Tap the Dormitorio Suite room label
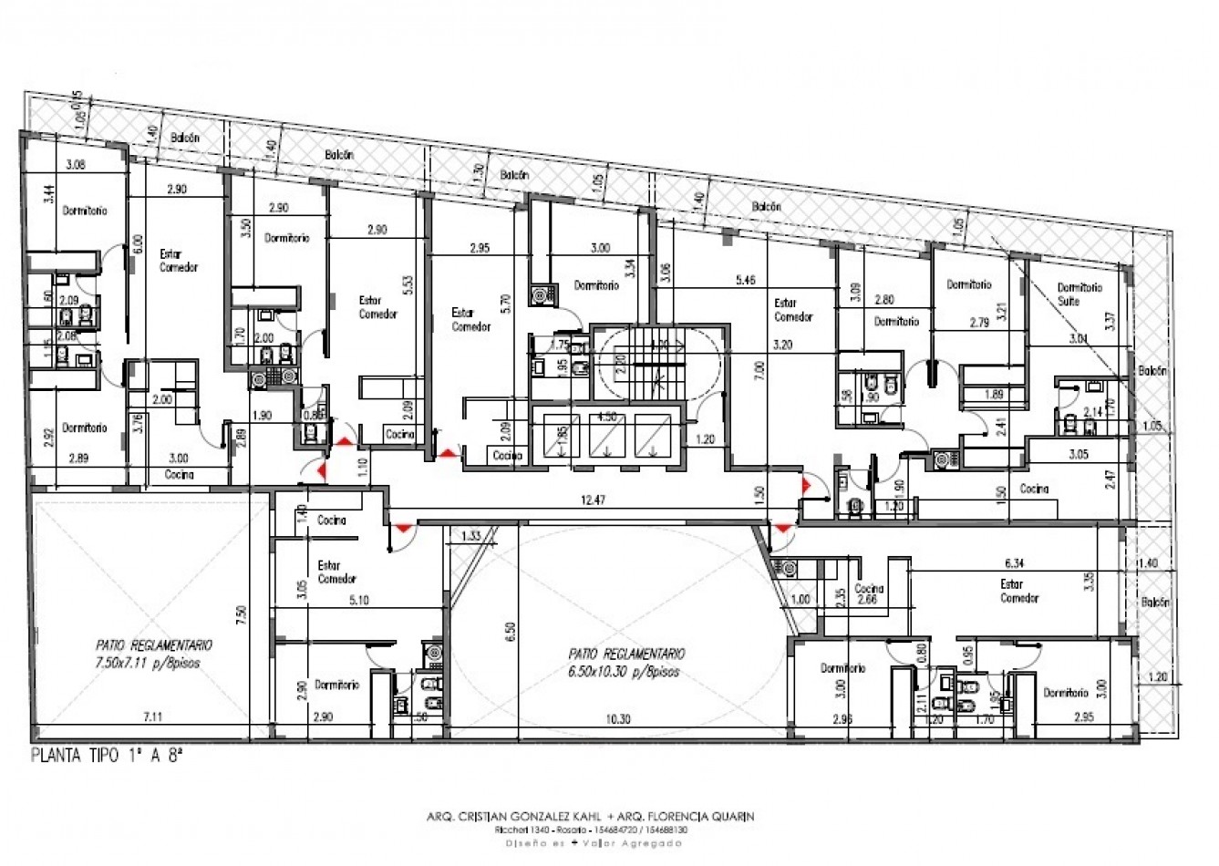(x=1080, y=294)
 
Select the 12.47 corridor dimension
(x=593, y=499)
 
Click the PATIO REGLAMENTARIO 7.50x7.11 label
(x=146, y=655)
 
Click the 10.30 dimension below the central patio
(x=618, y=719)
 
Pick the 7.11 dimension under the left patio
(x=151, y=717)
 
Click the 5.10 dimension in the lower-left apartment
(x=358, y=600)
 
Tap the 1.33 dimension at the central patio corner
(x=471, y=535)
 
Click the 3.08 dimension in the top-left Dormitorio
(x=76, y=165)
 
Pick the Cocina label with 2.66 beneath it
(x=868, y=593)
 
